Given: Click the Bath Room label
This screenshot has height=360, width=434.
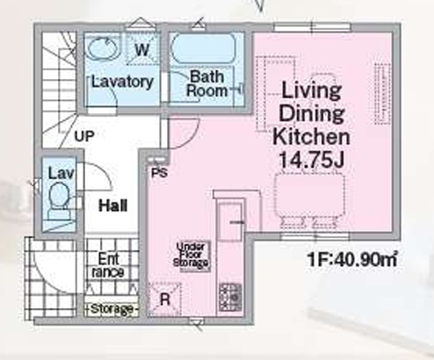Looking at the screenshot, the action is pyautogui.click(x=207, y=83).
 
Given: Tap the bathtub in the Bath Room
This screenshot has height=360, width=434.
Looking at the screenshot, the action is pyautogui.click(x=204, y=48).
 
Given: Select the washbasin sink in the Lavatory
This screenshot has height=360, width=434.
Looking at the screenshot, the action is pyautogui.click(x=104, y=49).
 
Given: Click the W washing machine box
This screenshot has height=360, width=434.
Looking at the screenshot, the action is pyautogui.click(x=142, y=49).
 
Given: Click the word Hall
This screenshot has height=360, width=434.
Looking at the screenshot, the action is pyautogui.click(x=113, y=205).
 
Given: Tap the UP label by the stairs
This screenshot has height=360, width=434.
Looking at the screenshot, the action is pyautogui.click(x=84, y=136).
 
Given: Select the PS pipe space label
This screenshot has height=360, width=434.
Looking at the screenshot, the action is pyautogui.click(x=160, y=173).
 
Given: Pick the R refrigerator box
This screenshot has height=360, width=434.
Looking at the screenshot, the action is pyautogui.click(x=164, y=299).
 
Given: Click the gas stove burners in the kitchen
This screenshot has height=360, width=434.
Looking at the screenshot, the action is pyautogui.click(x=231, y=297).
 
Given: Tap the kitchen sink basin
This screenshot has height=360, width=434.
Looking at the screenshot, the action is pyautogui.click(x=230, y=220).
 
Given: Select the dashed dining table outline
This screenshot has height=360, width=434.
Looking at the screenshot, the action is pyautogui.click(x=309, y=195).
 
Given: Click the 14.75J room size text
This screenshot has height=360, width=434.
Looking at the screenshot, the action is pyautogui.click(x=312, y=160).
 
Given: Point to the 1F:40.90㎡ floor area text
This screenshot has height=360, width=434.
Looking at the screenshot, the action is pyautogui.click(x=352, y=260).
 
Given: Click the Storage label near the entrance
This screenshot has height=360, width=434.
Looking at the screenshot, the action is pyautogui.click(x=112, y=309).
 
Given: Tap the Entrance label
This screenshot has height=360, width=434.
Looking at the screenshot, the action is pyautogui.click(x=108, y=265).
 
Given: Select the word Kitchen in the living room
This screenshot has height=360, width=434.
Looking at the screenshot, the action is pyautogui.click(x=312, y=137).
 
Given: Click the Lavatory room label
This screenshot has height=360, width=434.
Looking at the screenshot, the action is pyautogui.click(x=122, y=82).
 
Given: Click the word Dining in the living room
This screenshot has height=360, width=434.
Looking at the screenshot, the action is pyautogui.click(x=312, y=113).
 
